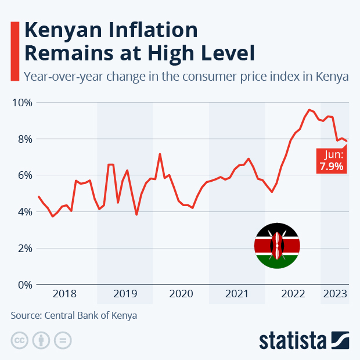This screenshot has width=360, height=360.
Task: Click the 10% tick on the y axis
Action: tap(21, 102)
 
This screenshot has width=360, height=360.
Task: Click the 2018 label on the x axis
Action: tap(64, 294)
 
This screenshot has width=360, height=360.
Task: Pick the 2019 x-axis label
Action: tap(125, 294)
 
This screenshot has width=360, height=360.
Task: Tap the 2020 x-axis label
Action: tap(181, 294)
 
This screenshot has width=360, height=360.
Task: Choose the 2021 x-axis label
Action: tap(236, 294)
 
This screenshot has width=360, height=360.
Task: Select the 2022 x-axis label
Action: tap(293, 294)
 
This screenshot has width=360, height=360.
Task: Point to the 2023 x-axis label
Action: tap(335, 294)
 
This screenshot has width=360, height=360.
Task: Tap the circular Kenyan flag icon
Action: tap(277, 246)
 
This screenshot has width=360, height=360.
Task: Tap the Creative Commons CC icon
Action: tap(20, 340)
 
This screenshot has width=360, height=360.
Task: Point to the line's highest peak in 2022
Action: tap(309, 109)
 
